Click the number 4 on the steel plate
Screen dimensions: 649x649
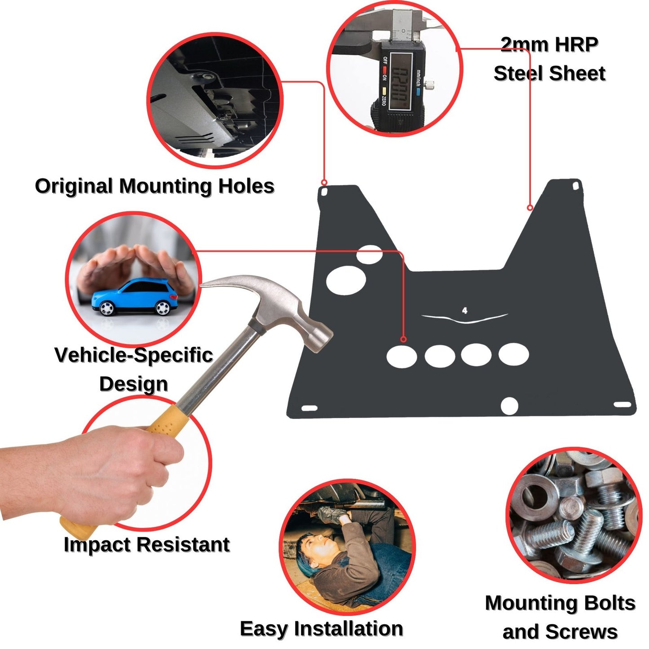464,310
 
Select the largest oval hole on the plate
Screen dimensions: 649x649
346,280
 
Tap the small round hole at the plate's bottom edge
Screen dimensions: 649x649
509,406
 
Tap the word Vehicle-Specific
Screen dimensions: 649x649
133,355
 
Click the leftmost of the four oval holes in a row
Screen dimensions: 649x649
402,357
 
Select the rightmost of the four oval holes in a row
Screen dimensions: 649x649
513,354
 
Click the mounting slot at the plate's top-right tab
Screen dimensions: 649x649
575,186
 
